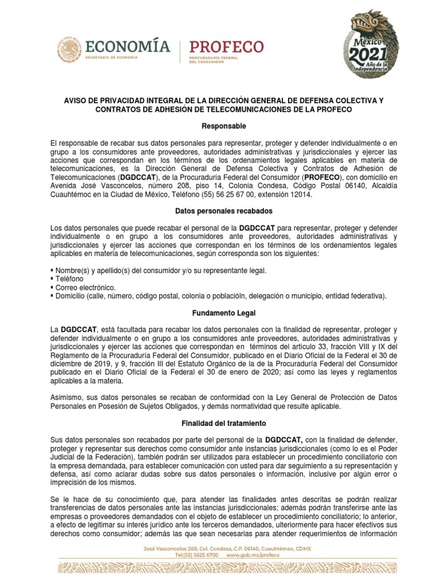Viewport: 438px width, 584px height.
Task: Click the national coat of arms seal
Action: click(69, 50)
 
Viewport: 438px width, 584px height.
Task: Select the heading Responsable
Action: click(218, 125)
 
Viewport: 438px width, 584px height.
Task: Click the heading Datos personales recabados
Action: click(218, 211)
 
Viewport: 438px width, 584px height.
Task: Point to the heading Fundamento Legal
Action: click(218, 313)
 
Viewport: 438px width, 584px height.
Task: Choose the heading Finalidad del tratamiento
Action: click(218, 424)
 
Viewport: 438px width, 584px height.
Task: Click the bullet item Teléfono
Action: click(69, 279)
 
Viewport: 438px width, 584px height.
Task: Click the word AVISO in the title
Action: click(75, 100)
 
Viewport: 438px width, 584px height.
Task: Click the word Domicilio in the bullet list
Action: click(70, 296)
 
